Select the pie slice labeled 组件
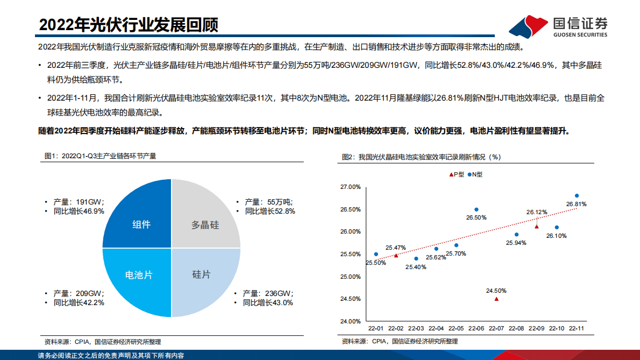[x=141, y=224]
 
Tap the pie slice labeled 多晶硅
[x=205, y=224]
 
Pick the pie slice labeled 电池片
[x=139, y=274]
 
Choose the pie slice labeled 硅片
[x=201, y=274]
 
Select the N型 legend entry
[x=475, y=174]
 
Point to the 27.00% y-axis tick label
[x=351, y=187]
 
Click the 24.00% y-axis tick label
[x=351, y=321]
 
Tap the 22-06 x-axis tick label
[x=476, y=328]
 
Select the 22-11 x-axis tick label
[x=577, y=328]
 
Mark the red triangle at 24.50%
[x=496, y=299]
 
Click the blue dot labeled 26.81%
[x=577, y=196]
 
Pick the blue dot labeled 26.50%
[x=476, y=209]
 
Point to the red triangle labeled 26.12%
[x=536, y=227]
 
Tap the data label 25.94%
[x=516, y=243]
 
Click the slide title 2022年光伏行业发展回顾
[x=129, y=24]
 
